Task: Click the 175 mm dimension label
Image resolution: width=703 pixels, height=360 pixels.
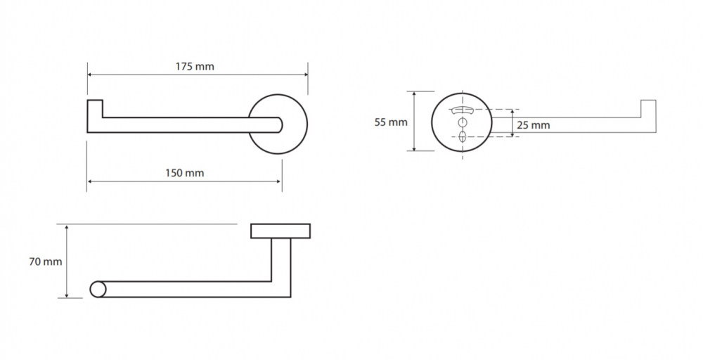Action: point(195,67)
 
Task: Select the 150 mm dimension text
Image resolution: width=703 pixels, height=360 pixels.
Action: point(184,173)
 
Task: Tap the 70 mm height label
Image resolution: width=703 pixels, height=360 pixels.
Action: point(45,262)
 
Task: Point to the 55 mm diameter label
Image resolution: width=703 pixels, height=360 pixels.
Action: point(391,122)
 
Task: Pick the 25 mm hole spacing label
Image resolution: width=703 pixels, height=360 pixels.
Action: point(533,126)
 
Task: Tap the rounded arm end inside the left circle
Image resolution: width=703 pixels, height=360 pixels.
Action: point(280,125)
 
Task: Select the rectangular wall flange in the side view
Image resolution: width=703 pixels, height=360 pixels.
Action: point(280,231)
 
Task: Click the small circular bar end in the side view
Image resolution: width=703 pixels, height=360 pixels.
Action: point(98,289)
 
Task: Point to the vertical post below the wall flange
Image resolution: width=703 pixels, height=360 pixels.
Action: point(281,260)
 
